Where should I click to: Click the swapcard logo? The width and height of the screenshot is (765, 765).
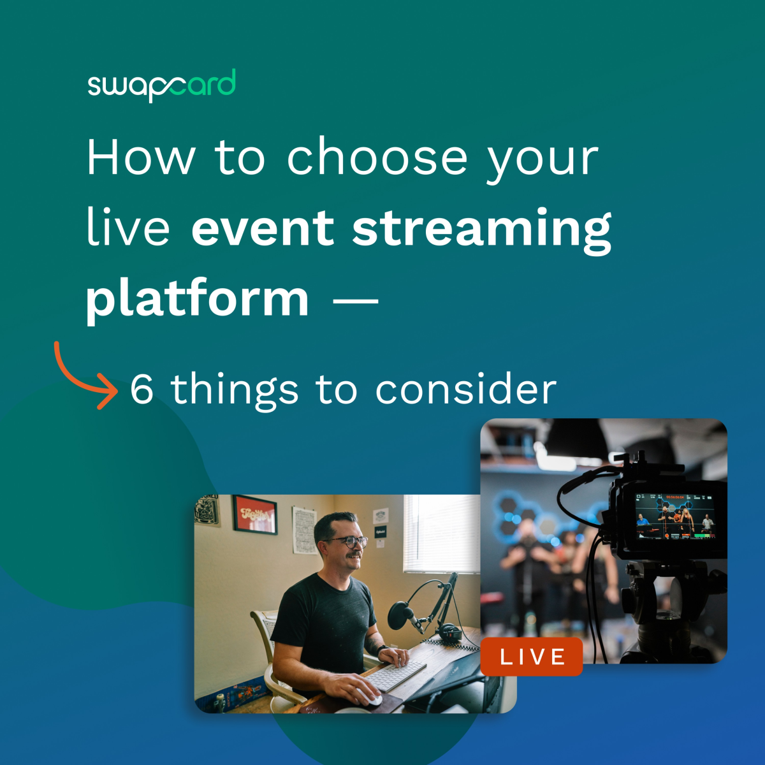pyautogui.click(x=161, y=85)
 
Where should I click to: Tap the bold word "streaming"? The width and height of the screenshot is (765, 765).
pyautogui.click(x=482, y=229)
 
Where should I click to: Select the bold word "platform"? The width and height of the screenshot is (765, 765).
pyautogui.click(x=198, y=299)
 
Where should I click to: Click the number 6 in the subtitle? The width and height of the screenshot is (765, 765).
pyautogui.click(x=142, y=389)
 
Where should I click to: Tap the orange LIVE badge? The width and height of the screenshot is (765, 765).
pyautogui.click(x=532, y=657)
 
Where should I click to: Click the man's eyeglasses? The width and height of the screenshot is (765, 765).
pyautogui.click(x=348, y=542)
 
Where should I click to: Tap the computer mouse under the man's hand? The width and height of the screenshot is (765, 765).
pyautogui.click(x=370, y=698)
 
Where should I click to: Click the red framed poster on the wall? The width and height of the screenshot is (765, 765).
pyautogui.click(x=254, y=514)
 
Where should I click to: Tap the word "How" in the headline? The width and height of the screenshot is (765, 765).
pyautogui.click(x=140, y=157)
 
